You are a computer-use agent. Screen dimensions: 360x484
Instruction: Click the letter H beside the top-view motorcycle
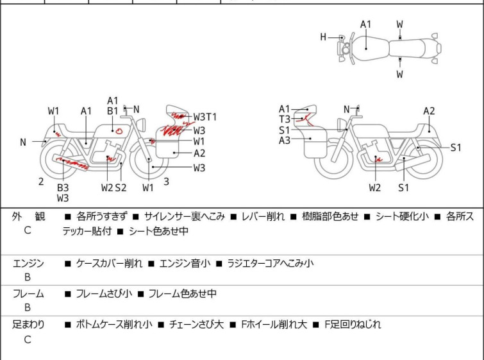[324, 37]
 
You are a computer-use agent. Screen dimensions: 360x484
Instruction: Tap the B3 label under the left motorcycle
[63, 187]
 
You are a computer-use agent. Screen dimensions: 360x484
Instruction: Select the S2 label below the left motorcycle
[121, 187]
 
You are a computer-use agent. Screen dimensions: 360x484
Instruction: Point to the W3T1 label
[205, 117]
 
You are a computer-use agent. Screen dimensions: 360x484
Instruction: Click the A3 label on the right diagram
[285, 140]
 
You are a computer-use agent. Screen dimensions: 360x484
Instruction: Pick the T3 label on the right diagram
[285, 119]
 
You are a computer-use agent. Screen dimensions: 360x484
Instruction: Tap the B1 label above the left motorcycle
[113, 110]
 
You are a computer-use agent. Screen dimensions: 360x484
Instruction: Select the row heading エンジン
[29, 263]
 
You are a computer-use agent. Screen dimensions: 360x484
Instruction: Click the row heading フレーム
[29, 294]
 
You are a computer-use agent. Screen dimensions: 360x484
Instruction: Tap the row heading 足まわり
[29, 325]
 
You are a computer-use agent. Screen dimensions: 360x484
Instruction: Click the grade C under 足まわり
[28, 340]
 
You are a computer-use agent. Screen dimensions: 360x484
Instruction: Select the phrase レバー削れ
[263, 216]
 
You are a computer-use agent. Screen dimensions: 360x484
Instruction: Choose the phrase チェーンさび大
[196, 325]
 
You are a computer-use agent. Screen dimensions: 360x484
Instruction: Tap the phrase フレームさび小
[104, 294]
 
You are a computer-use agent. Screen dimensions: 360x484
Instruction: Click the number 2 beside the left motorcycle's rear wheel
[41, 182]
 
